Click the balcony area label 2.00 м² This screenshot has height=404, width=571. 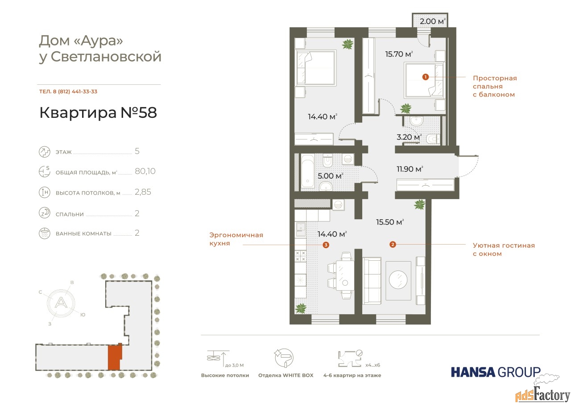(x=433, y=21)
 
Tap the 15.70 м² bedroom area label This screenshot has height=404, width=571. (x=399, y=54)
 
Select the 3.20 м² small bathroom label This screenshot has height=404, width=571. (x=409, y=137)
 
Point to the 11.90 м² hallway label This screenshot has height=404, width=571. (x=410, y=169)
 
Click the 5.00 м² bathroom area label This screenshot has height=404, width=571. (x=331, y=176)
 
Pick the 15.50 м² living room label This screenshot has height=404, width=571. (x=390, y=222)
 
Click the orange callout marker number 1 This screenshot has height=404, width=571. (x=425, y=77)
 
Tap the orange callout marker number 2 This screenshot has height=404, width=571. (x=393, y=244)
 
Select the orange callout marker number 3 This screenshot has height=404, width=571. (x=326, y=245)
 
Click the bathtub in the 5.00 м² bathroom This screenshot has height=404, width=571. (x=308, y=172)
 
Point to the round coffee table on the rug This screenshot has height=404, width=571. (x=398, y=280)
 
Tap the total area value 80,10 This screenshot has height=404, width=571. (x=145, y=171)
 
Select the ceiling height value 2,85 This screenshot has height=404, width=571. (x=143, y=192)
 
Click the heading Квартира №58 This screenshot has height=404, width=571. (x=98, y=112)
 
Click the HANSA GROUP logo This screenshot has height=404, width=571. (x=496, y=372)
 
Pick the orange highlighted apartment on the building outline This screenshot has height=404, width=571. (x=115, y=357)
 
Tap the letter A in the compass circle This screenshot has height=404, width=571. (x=61, y=303)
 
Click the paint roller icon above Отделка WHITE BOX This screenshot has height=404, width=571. (x=284, y=358)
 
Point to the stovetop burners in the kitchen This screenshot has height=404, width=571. (x=301, y=256)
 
